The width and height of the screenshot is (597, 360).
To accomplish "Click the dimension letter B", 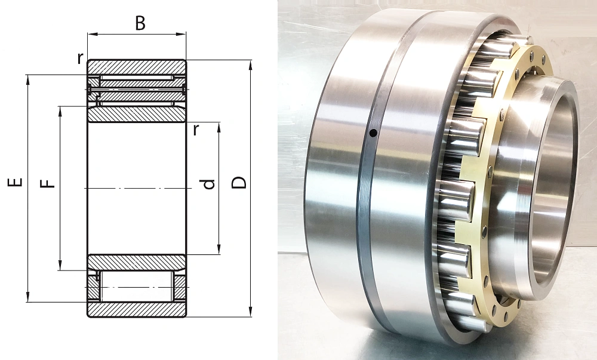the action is pyautogui.click(x=140, y=23).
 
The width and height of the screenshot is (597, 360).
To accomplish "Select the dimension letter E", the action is pyautogui.click(x=15, y=182).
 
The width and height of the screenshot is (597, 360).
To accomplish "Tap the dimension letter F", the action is pyautogui.click(x=47, y=184).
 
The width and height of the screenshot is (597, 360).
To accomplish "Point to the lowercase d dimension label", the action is pyautogui.click(x=208, y=184).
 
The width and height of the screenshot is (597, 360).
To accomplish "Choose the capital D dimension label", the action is pyautogui.click(x=239, y=183).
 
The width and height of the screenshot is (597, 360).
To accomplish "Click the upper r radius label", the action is pyautogui.click(x=80, y=58).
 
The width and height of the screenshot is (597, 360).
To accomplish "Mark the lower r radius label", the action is pyautogui.click(x=196, y=130).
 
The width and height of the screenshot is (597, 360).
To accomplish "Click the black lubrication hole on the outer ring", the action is pyautogui.click(x=374, y=133).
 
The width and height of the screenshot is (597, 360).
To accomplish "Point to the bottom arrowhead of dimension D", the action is pyautogui.click(x=250, y=312).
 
